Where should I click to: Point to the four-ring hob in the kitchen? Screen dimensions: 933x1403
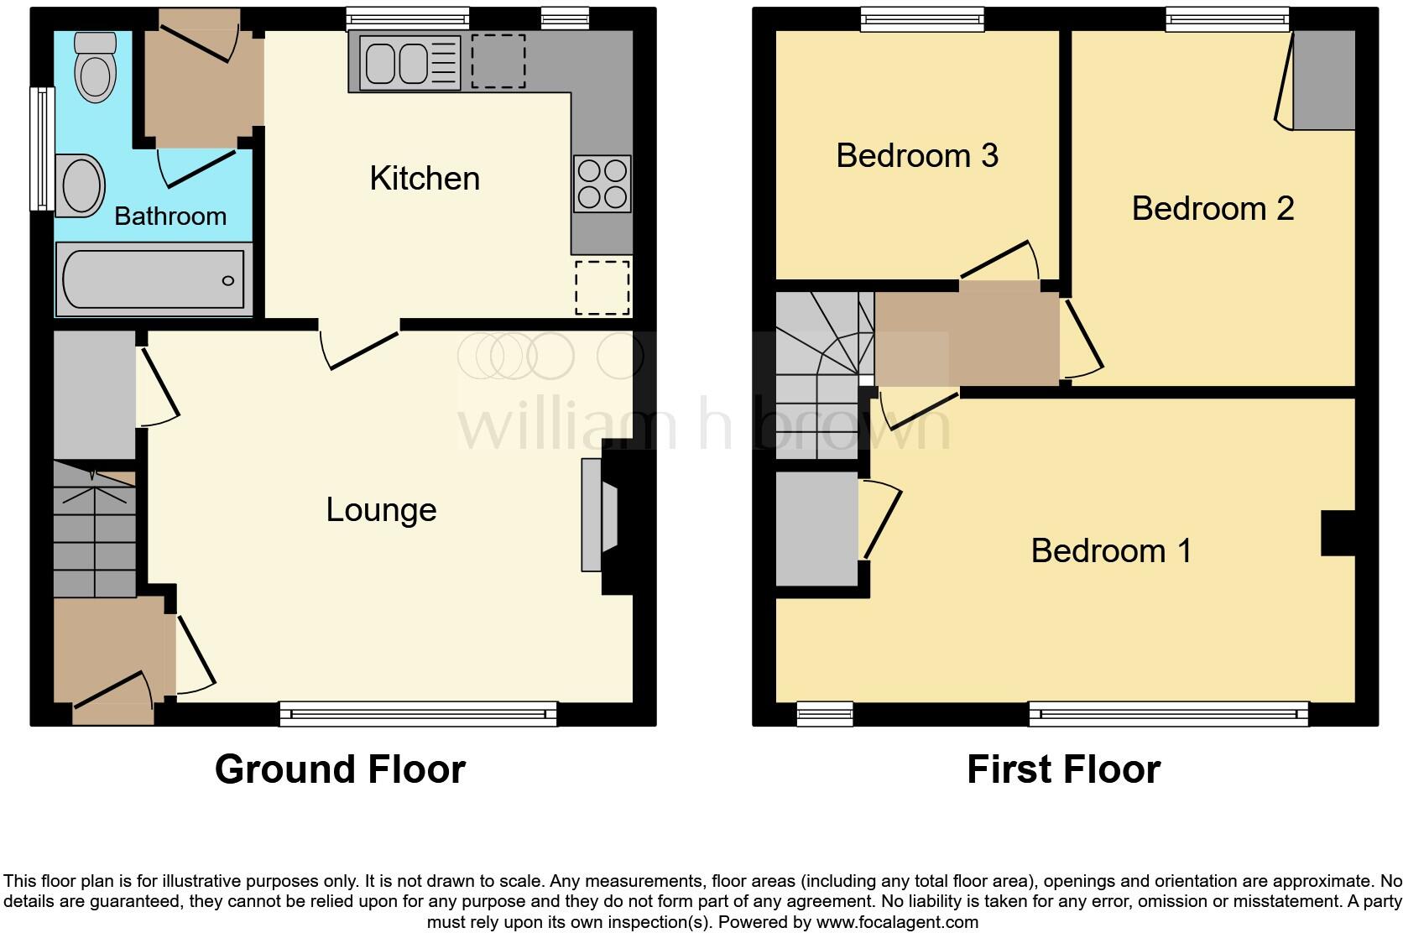click(602, 184)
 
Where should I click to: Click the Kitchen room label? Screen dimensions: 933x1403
click(425, 179)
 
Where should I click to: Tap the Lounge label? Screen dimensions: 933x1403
click(381, 510)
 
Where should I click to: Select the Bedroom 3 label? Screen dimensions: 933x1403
click(917, 156)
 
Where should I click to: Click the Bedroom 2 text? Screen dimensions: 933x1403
click(1213, 209)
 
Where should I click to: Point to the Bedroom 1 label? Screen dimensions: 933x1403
click(1111, 551)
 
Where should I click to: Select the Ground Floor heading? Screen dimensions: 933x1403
click(340, 769)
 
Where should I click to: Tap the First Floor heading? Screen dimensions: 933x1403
click(1063, 769)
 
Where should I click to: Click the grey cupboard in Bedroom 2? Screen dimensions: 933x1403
click(1323, 81)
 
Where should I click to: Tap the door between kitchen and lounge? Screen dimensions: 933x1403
click(361, 344)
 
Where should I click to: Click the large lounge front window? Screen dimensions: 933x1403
click(418, 713)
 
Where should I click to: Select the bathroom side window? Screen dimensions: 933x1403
click(41, 149)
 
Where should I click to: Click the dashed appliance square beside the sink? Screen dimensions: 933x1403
click(498, 61)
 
